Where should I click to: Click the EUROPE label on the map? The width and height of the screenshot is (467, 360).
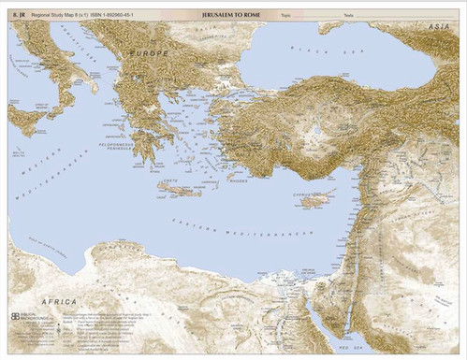click(150, 55)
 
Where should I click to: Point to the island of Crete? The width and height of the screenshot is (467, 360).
click(178, 189)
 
